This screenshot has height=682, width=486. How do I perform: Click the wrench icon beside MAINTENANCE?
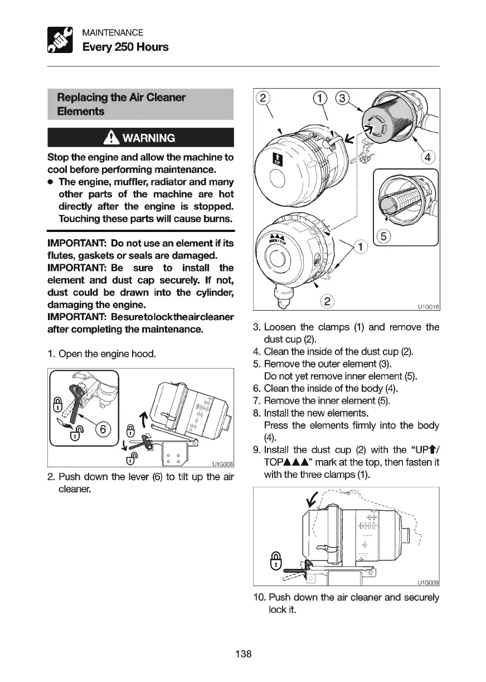pyautogui.click(x=61, y=40)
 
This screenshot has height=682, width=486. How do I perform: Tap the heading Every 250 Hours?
pyautogui.click(x=125, y=47)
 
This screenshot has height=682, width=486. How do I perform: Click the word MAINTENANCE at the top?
pyautogui.click(x=113, y=33)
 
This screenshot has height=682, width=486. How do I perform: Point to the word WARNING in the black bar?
pyautogui.click(x=149, y=138)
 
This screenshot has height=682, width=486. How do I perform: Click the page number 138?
pyautogui.click(x=243, y=654)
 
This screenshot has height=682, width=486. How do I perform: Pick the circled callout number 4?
pyautogui.click(x=429, y=157)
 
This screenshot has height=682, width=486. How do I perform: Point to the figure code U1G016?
pyautogui.click(x=427, y=306)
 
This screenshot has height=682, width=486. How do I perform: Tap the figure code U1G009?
pyautogui.click(x=427, y=583)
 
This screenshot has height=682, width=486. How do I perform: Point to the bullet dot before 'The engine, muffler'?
pyautogui.click(x=51, y=182)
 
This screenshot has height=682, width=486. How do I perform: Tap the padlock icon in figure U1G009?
pyautogui.click(x=275, y=561)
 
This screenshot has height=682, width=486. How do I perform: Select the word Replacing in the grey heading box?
pyautogui.click(x=81, y=98)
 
